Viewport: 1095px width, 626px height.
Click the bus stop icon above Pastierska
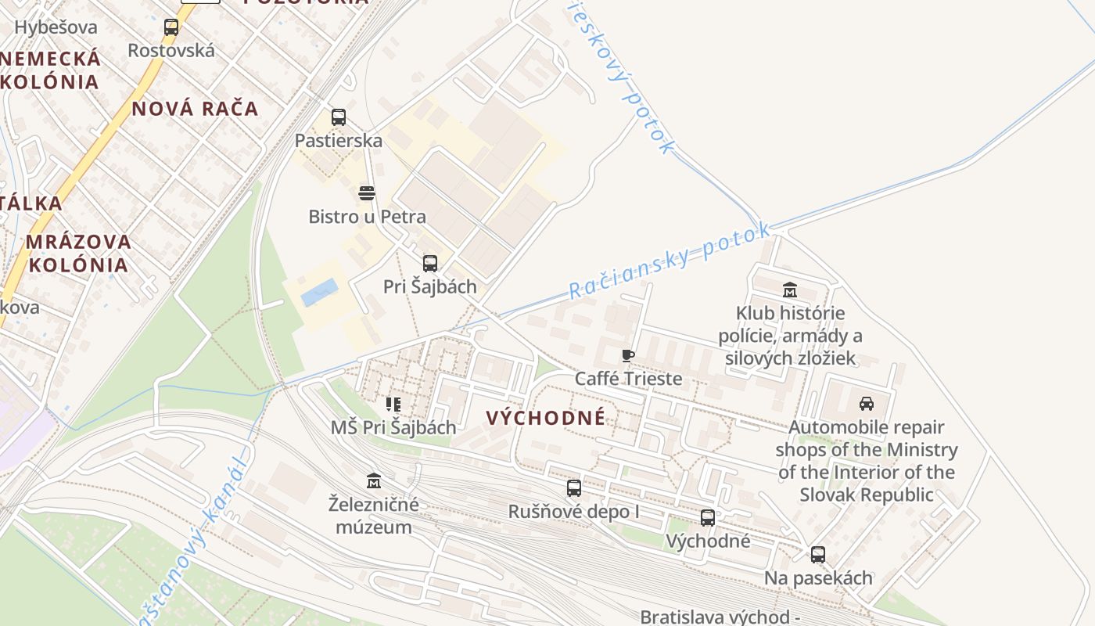coord(338,117)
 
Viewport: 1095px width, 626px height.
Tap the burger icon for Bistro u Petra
coord(367,192)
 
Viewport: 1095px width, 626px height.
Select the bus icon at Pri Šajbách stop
coord(430,263)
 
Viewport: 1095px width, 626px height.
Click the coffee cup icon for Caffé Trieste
coord(627,356)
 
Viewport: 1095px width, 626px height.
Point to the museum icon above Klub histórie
coord(790,290)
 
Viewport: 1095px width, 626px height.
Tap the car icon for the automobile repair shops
coord(866,404)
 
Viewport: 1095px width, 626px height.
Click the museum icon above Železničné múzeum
coord(374,480)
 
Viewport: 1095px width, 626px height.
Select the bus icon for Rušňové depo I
coord(574,488)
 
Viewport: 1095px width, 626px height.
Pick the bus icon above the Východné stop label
coord(708,517)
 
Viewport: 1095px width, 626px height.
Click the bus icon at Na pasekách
coord(817,555)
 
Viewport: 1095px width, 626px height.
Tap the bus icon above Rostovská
coord(171,27)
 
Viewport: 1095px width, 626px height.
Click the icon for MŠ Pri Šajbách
coord(393,405)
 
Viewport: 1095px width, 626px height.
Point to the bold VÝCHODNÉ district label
coord(546,418)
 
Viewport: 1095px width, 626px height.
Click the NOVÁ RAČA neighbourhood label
coord(195,109)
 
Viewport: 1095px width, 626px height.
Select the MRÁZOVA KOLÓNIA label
coord(77,253)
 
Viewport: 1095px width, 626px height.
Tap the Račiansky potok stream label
coord(670,261)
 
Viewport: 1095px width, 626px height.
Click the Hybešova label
coord(56,27)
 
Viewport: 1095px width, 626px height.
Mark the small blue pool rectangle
coord(320,293)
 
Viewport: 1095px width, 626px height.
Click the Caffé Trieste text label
coord(628,379)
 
